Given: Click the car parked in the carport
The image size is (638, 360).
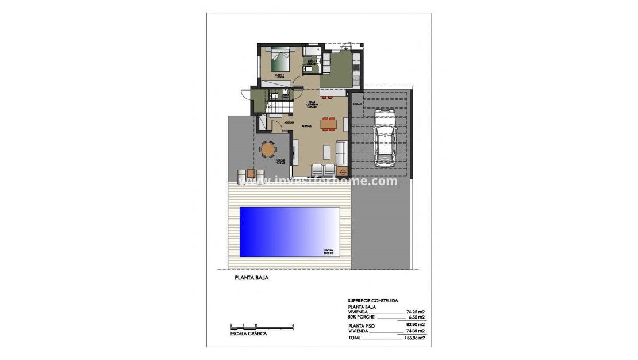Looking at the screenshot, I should (x=383, y=140).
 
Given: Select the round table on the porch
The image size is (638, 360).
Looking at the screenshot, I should (x=267, y=150).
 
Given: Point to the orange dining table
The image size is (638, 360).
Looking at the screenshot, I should (x=328, y=122).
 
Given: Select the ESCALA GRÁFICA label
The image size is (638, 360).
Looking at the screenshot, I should (x=248, y=334).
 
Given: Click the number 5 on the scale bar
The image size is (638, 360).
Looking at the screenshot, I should (x=293, y=325).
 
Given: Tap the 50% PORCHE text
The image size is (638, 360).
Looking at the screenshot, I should (x=364, y=317).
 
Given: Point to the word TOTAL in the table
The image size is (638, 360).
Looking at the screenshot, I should (x=355, y=338).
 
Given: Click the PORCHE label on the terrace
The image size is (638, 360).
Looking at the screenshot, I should (x=280, y=160).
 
